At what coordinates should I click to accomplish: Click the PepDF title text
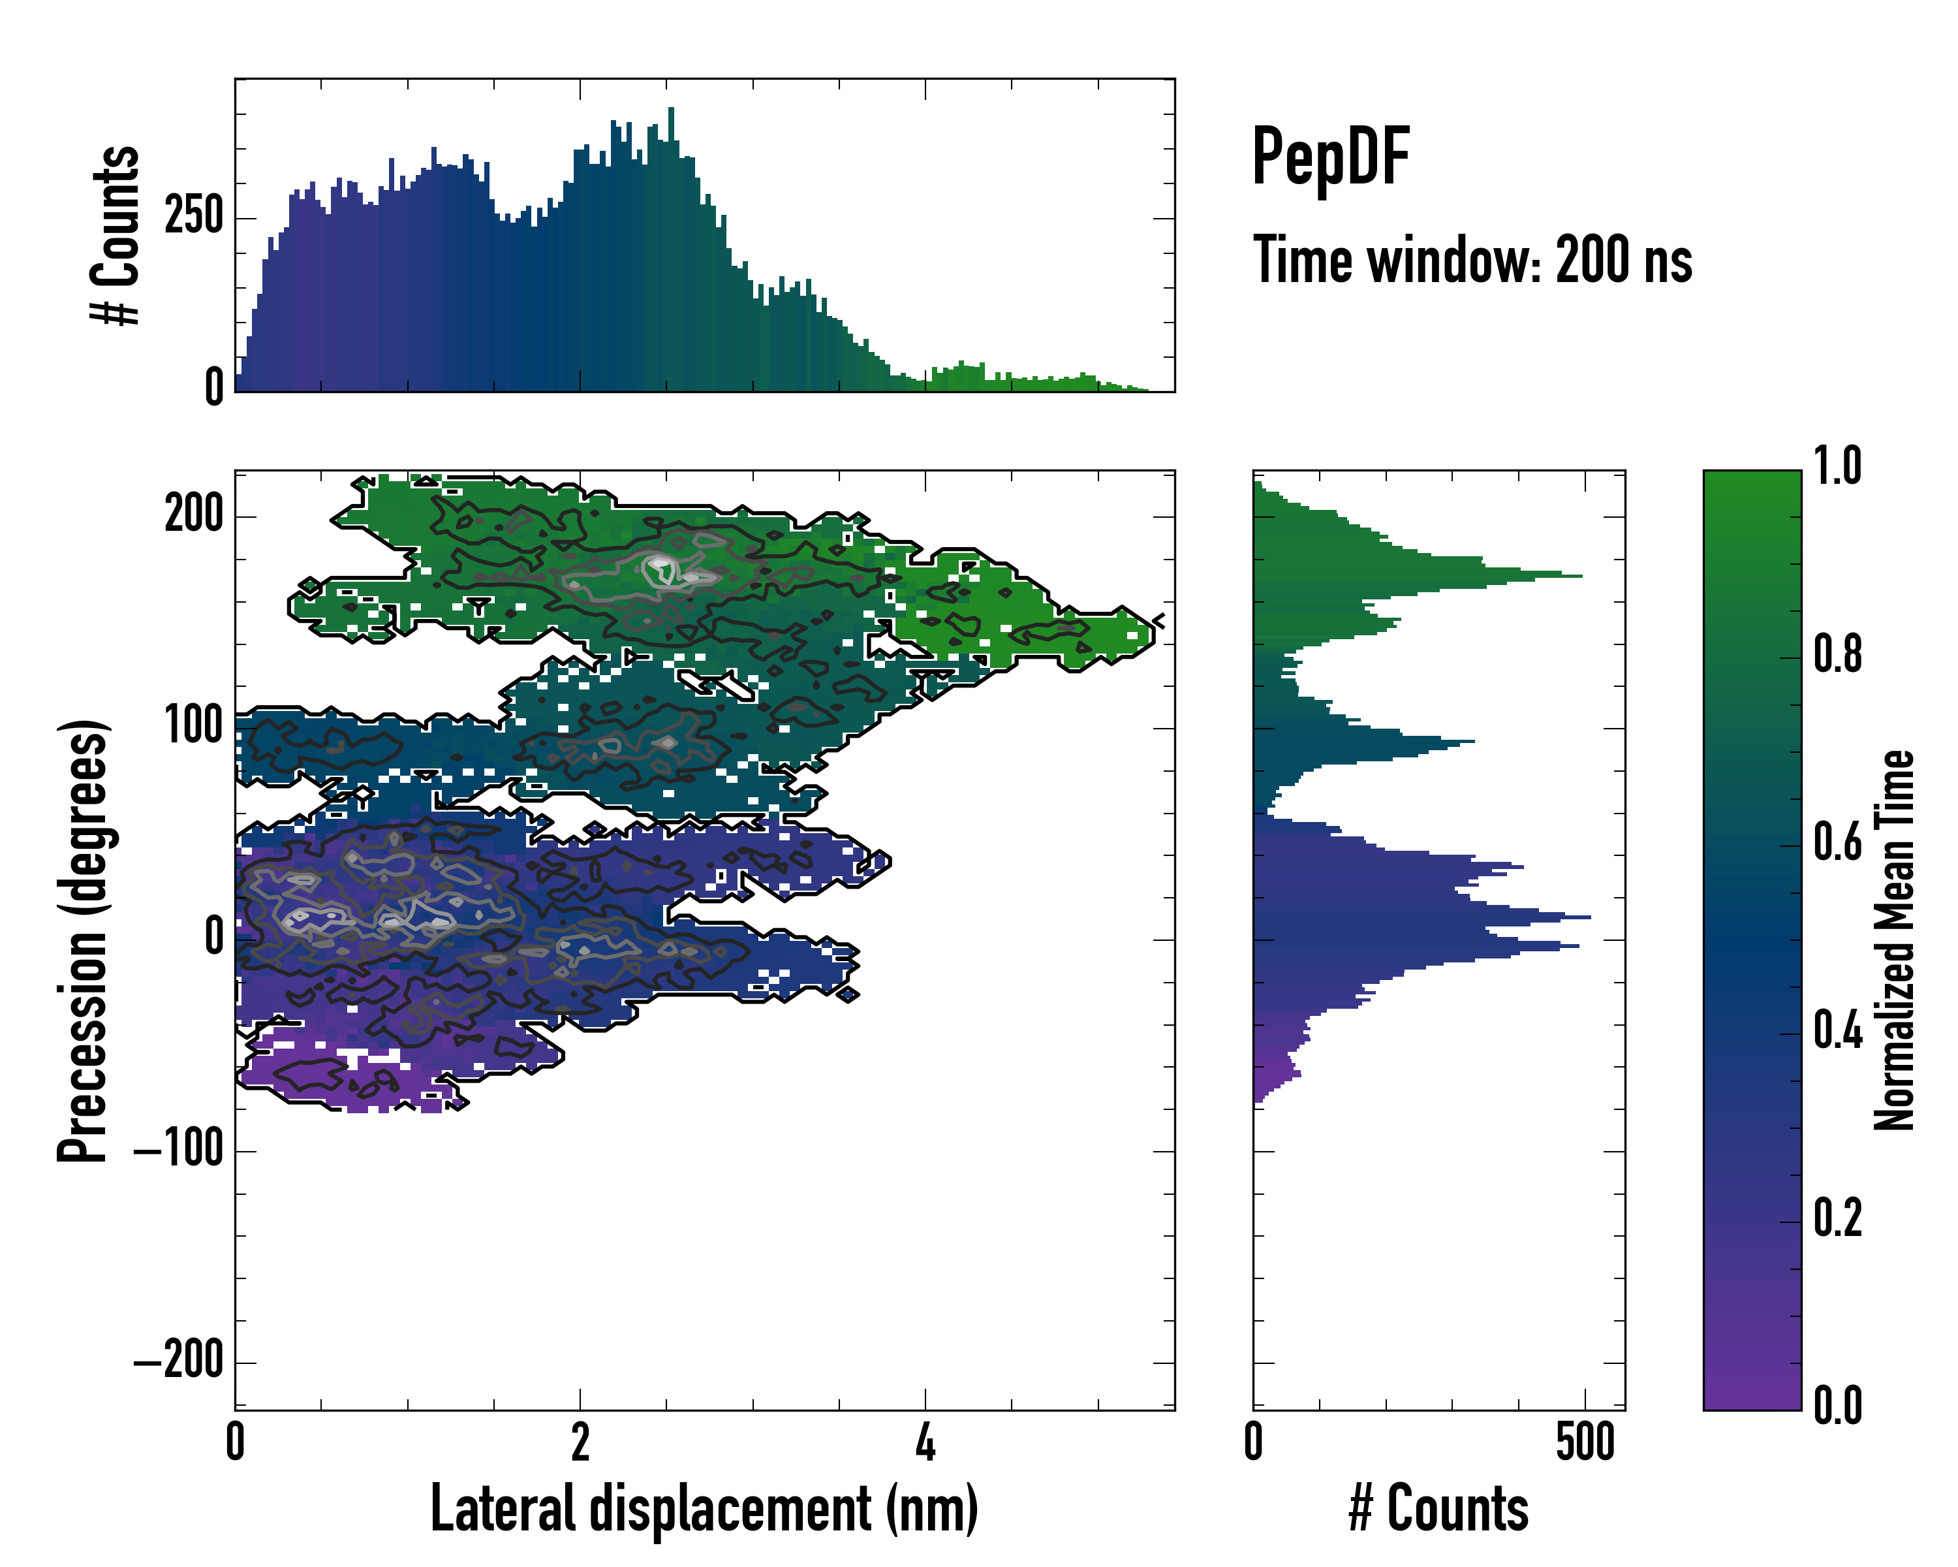(x=1329, y=158)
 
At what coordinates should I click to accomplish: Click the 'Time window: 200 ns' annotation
(x=1472, y=261)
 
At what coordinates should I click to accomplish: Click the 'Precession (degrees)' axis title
(x=84, y=940)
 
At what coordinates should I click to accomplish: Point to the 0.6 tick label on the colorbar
(x=1837, y=842)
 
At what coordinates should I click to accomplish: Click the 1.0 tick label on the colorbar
(x=1837, y=466)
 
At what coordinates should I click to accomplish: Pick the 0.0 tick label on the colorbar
(x=1837, y=1405)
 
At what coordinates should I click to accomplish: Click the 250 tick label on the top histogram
(x=193, y=218)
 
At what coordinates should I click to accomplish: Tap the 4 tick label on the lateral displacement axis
(x=925, y=1442)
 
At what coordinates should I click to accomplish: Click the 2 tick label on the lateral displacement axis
(x=580, y=1442)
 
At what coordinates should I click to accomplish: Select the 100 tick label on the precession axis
(x=193, y=727)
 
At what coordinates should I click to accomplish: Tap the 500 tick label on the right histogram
(x=1585, y=1442)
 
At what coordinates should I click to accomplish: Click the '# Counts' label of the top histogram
(x=116, y=235)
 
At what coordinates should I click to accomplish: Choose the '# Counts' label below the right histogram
(x=1438, y=1510)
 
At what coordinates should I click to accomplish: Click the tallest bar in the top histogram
(x=671, y=250)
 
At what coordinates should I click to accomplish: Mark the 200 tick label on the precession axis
(x=193, y=515)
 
